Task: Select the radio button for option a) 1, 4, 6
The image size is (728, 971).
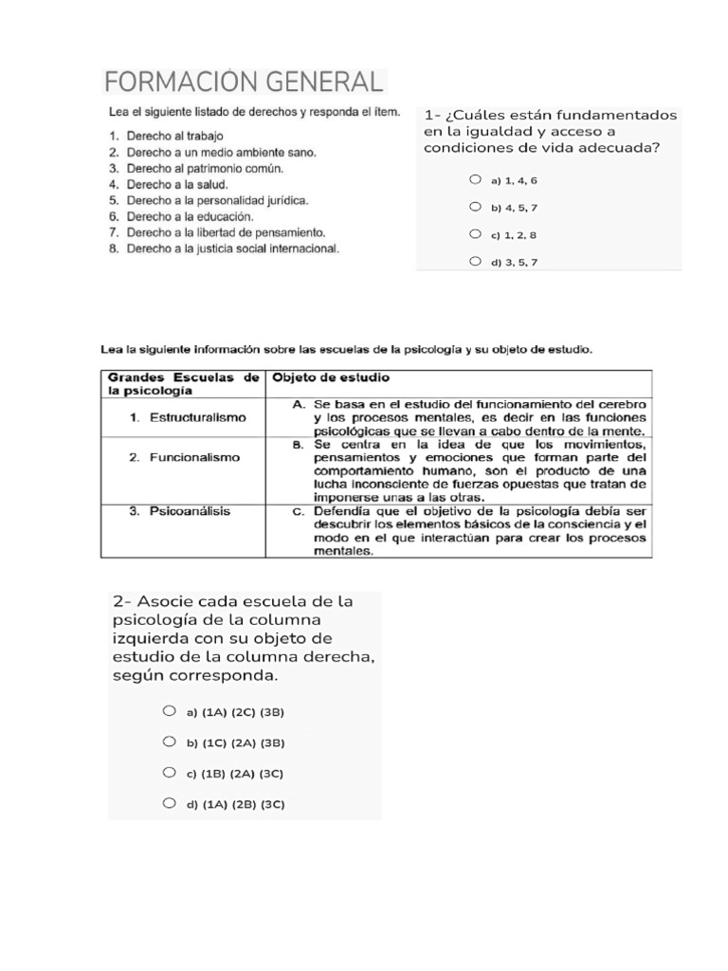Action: click(475, 178)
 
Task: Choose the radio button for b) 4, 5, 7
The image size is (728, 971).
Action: click(475, 206)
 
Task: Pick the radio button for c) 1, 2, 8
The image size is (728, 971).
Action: click(475, 233)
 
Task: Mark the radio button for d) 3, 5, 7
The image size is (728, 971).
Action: click(475, 261)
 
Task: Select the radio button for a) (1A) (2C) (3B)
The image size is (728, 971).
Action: click(169, 710)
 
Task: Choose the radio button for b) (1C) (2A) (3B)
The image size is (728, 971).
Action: click(169, 742)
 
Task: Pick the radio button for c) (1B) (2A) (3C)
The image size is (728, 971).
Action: click(169, 773)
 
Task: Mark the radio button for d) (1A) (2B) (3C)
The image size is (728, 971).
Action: click(169, 803)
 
